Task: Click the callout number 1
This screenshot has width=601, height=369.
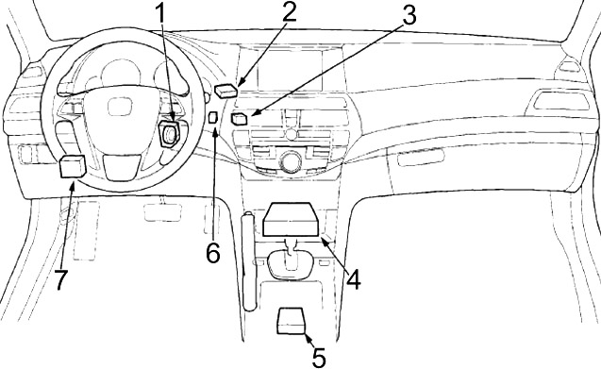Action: pyautogui.click(x=161, y=14)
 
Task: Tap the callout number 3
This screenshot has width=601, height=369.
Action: pyautogui.click(x=409, y=15)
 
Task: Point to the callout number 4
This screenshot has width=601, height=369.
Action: pyautogui.click(x=353, y=279)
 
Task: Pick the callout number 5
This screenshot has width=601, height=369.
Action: pyautogui.click(x=319, y=358)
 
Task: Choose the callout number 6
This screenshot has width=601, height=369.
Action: pyautogui.click(x=213, y=252)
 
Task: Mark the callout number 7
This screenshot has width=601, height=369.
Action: pyautogui.click(x=61, y=279)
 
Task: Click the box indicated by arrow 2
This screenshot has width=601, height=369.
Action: pyautogui.click(x=225, y=91)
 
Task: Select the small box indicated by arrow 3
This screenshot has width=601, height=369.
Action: pyautogui.click(x=240, y=119)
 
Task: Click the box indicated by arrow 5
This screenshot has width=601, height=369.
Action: pyautogui.click(x=292, y=322)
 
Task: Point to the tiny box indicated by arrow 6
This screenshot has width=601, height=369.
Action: pyautogui.click(x=212, y=117)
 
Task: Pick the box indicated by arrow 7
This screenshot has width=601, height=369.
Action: pyautogui.click(x=73, y=166)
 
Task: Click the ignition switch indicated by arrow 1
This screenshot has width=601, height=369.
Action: pyautogui.click(x=169, y=133)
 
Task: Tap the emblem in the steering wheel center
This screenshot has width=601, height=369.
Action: pyautogui.click(x=120, y=107)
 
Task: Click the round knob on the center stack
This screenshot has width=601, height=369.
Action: pyautogui.click(x=291, y=159)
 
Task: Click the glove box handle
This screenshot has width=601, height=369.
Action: pyautogui.click(x=421, y=158)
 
